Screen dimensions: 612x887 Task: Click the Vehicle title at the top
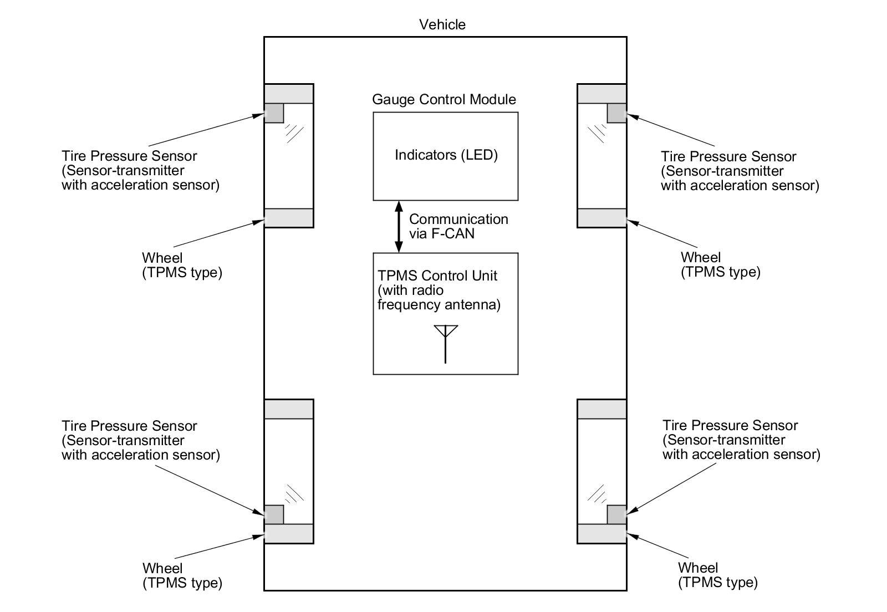pos(442,24)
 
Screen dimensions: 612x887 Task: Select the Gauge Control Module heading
pos(443,99)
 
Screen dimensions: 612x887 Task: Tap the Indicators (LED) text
pos(446,155)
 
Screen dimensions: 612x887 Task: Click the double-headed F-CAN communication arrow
pos(398,226)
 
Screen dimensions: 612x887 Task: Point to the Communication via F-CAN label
pos(458,226)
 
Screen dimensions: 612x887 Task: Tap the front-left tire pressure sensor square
pos(274,113)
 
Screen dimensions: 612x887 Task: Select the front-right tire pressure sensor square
pos(616,113)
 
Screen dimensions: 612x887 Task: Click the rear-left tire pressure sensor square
pos(274,514)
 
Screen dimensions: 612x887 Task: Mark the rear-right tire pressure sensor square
pos(616,514)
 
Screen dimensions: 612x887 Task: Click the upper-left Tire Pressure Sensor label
pos(140,170)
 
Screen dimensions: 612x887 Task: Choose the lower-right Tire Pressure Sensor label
pos(741,440)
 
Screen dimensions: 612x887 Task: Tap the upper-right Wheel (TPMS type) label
pos(720,264)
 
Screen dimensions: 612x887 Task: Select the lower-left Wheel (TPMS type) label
pos(182,575)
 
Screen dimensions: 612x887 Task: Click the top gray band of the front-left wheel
pos(289,94)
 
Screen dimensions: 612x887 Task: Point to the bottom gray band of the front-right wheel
pos(601,218)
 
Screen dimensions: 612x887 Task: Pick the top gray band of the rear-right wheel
pos(601,409)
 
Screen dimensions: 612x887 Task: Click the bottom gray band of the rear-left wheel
pos(289,533)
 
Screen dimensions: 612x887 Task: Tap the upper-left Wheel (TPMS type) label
pos(182,265)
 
